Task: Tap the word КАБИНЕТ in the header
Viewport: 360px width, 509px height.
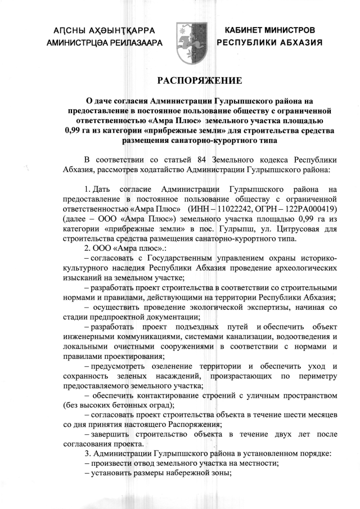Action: point(246,29)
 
